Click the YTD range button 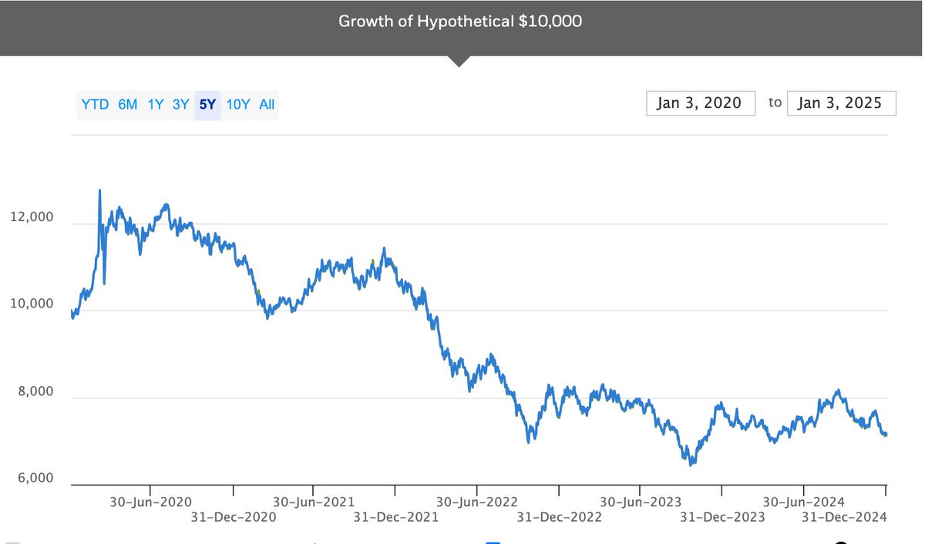pyautogui.click(x=95, y=104)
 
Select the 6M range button pyautogui.click(x=128, y=104)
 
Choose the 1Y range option pyautogui.click(x=156, y=104)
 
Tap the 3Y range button pyautogui.click(x=180, y=104)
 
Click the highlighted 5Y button pyautogui.click(x=207, y=104)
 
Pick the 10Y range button pyautogui.click(x=238, y=104)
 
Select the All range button pyautogui.click(x=267, y=104)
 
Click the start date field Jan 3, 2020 pyautogui.click(x=699, y=102)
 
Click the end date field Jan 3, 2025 pyautogui.click(x=840, y=102)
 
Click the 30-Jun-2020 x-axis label pyautogui.click(x=150, y=502)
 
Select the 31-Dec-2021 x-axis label pyautogui.click(x=395, y=517)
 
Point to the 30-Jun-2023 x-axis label pyautogui.click(x=641, y=502)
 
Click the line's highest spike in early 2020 pyautogui.click(x=99, y=190)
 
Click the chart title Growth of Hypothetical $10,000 pyautogui.click(x=460, y=21)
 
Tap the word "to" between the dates pyautogui.click(x=775, y=102)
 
